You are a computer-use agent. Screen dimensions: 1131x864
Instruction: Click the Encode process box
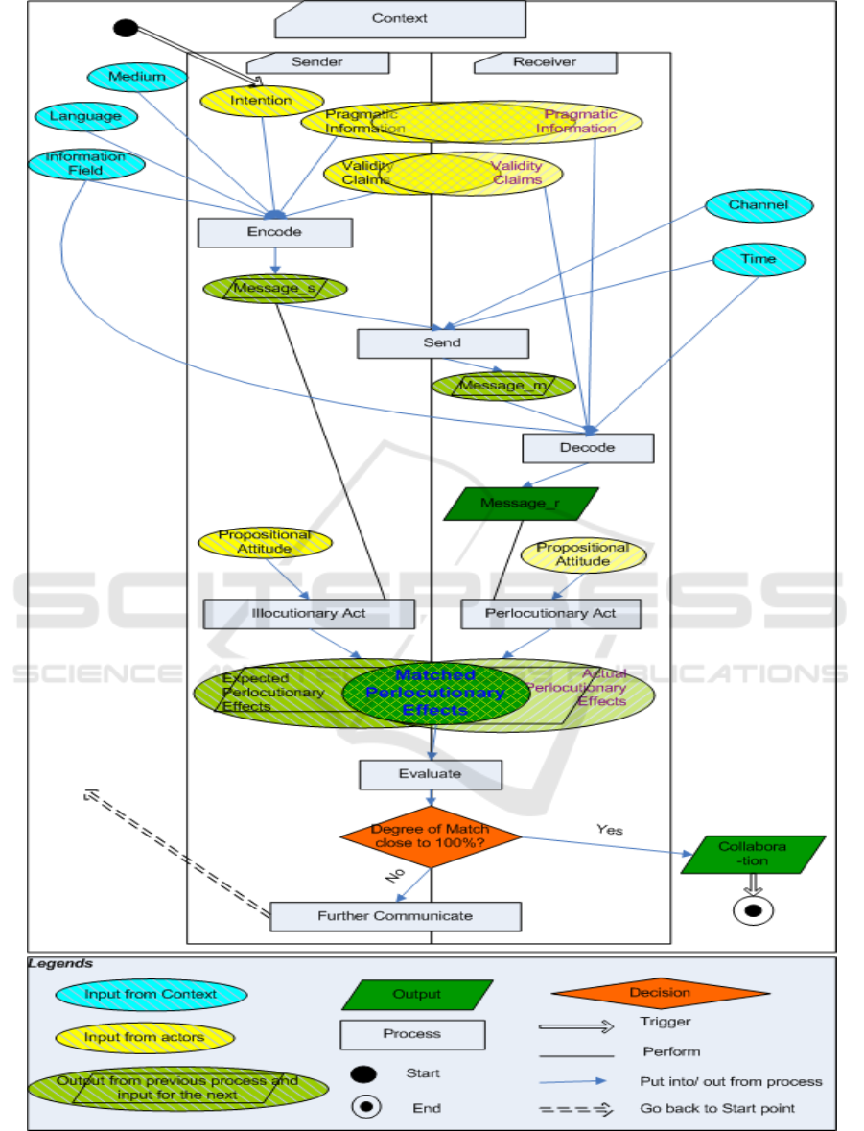275,232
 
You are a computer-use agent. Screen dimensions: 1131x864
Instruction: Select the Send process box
442,342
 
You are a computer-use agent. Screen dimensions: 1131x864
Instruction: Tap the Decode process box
587,447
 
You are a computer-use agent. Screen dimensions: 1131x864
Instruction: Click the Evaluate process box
431,774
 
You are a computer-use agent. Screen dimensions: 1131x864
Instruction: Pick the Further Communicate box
395,916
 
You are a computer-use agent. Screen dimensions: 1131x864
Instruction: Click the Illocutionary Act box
309,614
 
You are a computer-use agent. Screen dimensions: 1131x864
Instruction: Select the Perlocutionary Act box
550,614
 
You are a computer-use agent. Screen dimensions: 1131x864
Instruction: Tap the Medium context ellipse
136,77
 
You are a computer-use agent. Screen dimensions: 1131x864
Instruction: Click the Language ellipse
86,117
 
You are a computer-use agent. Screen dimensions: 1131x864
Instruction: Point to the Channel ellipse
759,205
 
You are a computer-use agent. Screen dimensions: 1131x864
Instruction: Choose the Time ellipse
759,259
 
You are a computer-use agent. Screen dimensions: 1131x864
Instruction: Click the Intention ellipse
261,100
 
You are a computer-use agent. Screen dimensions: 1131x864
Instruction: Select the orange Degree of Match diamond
431,836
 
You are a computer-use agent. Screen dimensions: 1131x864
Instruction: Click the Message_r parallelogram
521,503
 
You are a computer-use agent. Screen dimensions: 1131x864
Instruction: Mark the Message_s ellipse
273,288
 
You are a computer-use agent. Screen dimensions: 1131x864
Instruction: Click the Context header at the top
400,18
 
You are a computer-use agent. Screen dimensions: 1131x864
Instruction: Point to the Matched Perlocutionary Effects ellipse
424,693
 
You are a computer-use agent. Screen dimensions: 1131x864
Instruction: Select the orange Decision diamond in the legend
660,994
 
